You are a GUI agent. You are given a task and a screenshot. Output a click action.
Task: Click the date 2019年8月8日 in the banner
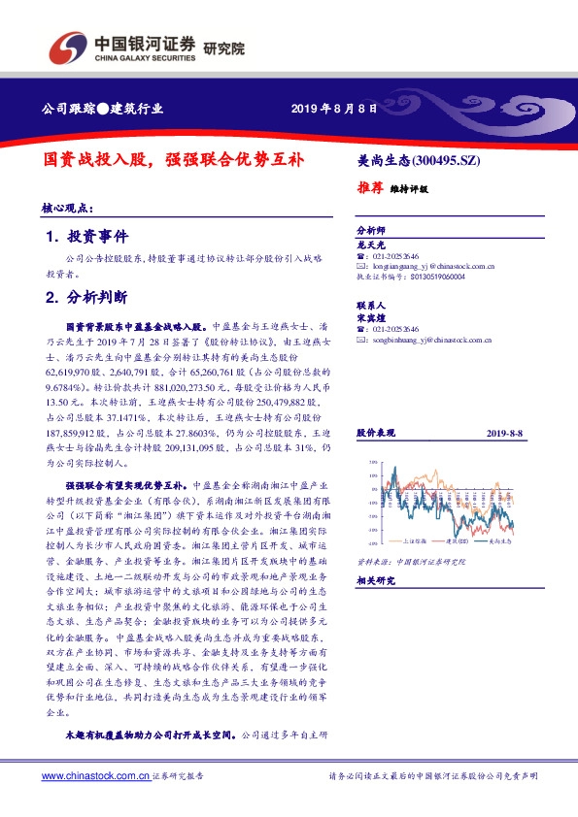click(333, 108)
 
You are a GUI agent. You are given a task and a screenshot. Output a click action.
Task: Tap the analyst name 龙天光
click(373, 246)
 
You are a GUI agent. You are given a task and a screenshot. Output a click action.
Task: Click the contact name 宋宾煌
click(373, 316)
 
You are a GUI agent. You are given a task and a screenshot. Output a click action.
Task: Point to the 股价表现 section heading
click(375, 429)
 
